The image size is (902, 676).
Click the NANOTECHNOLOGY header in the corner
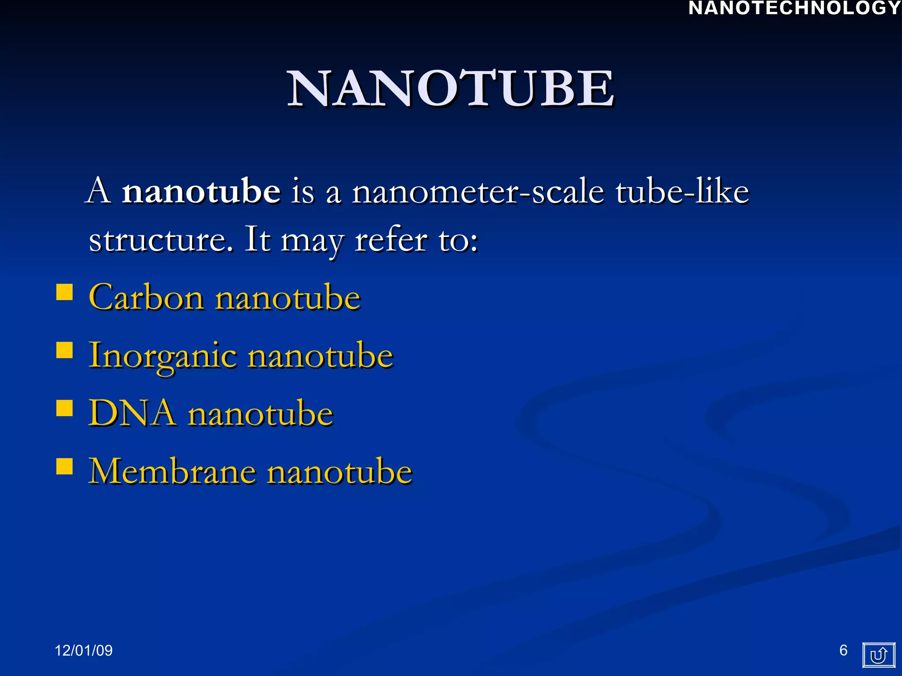click(x=794, y=8)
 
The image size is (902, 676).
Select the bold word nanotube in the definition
click(x=201, y=191)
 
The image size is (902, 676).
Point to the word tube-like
click(x=682, y=191)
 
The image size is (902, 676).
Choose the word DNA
click(x=132, y=413)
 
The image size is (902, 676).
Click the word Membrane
click(x=172, y=471)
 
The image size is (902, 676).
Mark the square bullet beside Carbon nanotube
click(x=65, y=292)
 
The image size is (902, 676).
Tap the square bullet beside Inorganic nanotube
click(x=65, y=350)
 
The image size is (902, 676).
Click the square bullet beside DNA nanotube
click(x=65, y=408)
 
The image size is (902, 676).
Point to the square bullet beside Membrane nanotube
click(x=65, y=466)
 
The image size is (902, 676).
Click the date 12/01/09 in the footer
click(x=84, y=650)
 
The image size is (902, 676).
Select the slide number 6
click(x=843, y=650)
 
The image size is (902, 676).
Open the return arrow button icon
click(x=879, y=655)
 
